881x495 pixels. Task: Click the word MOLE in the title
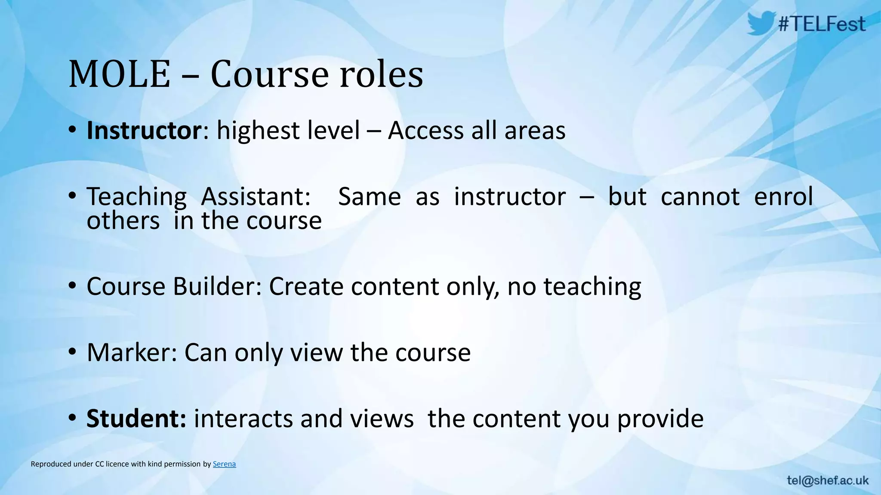119,74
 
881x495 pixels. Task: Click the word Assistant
256,196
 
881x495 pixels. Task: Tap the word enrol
783,196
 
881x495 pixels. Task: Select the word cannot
700,196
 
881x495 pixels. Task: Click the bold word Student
136,419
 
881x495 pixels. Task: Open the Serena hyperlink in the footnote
224,464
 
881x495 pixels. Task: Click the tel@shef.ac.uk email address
828,480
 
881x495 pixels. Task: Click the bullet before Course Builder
72,286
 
